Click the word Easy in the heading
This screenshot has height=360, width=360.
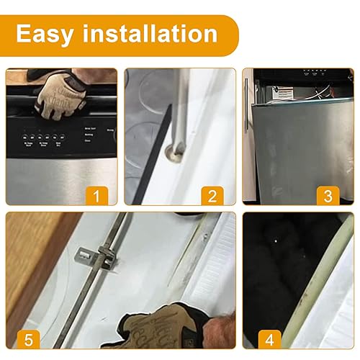click(x=48, y=34)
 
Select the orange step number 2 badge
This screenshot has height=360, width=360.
click(x=212, y=194)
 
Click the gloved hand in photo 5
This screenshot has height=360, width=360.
click(x=155, y=328)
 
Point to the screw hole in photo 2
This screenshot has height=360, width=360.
click(x=173, y=152)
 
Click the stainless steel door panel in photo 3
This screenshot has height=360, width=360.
click(x=288, y=144)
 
